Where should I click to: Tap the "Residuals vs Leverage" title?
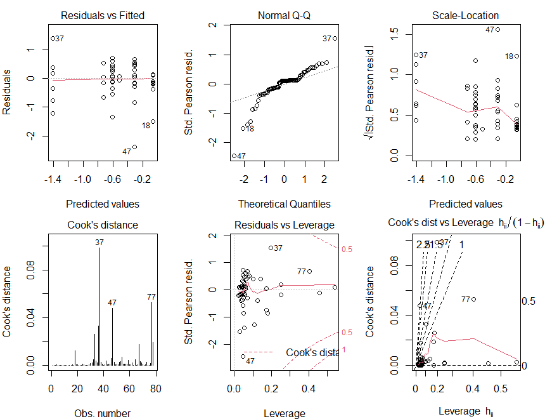pos(285,225)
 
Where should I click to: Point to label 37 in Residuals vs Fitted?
pos(60,39)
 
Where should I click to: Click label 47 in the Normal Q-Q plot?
pos(241,156)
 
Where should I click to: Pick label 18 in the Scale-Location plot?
pos(508,56)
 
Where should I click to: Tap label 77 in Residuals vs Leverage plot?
pos(301,272)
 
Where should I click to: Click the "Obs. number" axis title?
pos(105,413)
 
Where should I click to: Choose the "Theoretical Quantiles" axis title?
pos(285,204)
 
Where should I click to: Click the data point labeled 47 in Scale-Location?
pos(498,29)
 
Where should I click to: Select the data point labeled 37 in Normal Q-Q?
pos(335,38)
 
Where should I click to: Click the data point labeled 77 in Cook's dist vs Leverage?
pos(473,299)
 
